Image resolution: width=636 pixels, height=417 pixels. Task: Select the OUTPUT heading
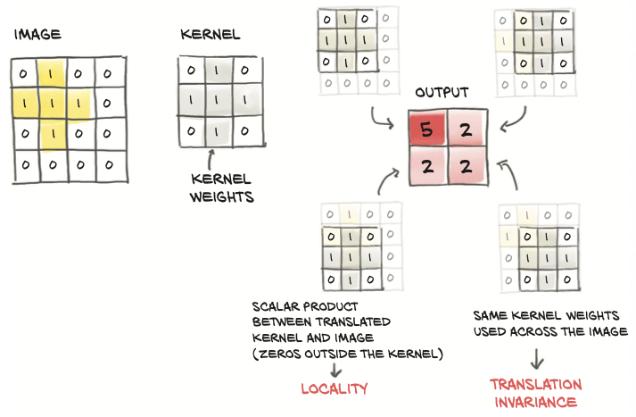442,93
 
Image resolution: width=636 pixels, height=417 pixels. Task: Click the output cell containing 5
426,129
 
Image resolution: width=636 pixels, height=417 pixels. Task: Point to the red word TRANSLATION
535,385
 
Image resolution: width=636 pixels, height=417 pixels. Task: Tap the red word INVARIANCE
535,402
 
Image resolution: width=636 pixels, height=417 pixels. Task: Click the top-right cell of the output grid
467,129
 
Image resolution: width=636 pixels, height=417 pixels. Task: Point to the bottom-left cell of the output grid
426,168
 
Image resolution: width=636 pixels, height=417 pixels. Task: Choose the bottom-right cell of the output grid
467,168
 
